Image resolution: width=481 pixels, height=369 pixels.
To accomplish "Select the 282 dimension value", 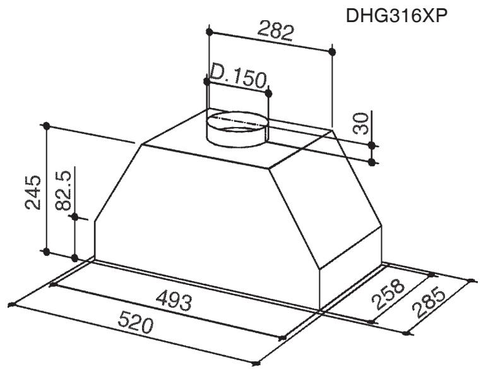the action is (276, 31).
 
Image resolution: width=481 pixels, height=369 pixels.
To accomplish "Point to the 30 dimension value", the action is (361, 123).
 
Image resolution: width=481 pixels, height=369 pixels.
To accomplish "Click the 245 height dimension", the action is (33, 193).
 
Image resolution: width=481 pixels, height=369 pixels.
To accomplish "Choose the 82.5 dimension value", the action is (64, 190).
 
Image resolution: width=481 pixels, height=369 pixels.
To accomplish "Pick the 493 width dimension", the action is (174, 300).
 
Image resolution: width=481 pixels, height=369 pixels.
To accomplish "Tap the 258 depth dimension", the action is (388, 293).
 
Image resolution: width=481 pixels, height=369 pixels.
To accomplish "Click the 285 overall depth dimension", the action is (429, 303).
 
